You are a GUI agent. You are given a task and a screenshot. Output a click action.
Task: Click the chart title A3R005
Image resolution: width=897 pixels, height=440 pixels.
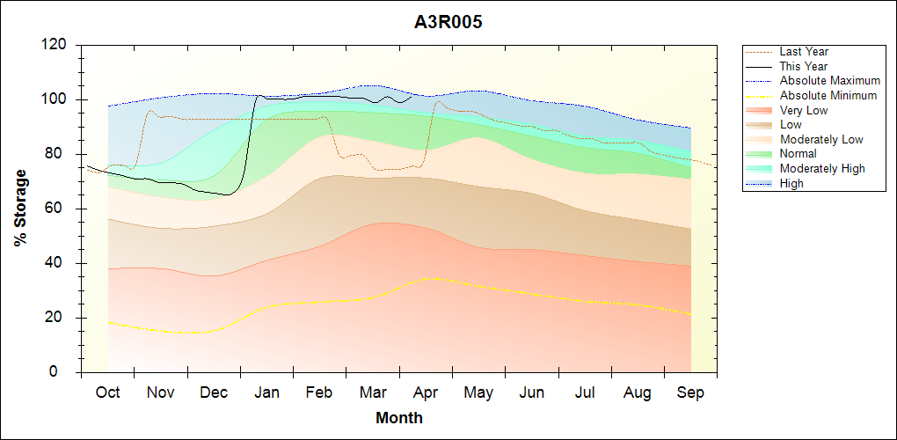448,23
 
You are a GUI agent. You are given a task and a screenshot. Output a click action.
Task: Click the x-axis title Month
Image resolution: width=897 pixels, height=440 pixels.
398,418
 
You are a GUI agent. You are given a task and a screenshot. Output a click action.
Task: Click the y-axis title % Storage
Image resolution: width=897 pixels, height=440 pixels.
21,209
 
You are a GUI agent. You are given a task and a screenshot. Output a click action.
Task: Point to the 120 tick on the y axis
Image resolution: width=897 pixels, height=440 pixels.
55,45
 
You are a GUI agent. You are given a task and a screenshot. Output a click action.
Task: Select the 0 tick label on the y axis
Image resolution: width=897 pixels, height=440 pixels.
64,372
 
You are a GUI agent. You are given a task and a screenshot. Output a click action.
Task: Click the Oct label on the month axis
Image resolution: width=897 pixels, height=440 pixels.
108,392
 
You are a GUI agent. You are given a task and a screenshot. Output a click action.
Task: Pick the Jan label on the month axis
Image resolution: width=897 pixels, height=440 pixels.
266,392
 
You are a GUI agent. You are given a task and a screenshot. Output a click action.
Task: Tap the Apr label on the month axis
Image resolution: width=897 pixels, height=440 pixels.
426,392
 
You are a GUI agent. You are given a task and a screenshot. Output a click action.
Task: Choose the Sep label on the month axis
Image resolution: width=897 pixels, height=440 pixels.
690,392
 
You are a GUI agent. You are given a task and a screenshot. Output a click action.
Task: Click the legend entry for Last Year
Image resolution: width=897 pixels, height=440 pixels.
804,52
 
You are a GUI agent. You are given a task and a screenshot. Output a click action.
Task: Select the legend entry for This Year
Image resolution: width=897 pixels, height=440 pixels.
804,66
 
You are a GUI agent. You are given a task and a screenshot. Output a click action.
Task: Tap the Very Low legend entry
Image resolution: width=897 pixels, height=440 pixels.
804,110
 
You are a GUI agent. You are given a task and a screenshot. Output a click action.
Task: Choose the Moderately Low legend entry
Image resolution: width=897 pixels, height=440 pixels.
821,139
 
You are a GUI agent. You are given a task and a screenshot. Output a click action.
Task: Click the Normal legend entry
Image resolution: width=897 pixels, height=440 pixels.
799,154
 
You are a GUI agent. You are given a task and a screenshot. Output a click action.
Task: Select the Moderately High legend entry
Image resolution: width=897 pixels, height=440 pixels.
822,168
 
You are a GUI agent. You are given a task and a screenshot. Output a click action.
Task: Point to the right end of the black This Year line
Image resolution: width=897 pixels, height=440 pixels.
412,98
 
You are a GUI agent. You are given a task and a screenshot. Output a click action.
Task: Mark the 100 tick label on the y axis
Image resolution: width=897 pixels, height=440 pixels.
55,99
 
